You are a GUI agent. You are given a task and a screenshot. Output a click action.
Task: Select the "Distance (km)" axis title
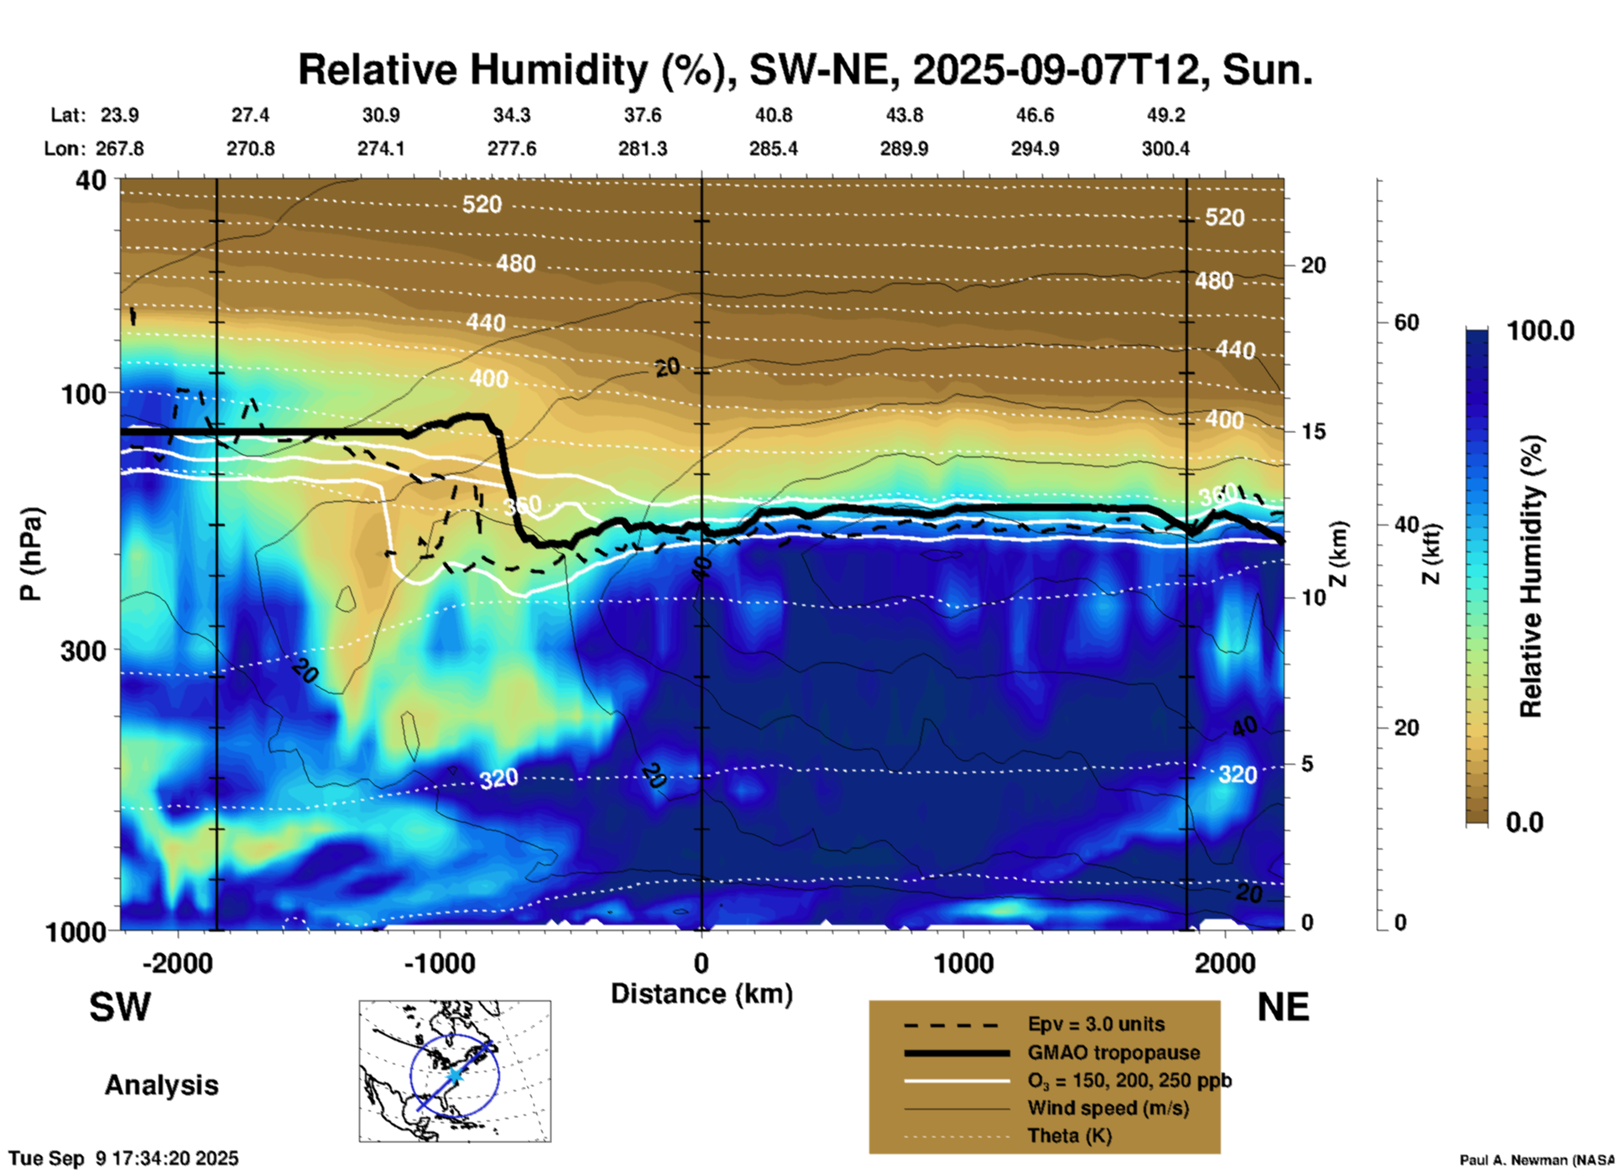click(x=701, y=994)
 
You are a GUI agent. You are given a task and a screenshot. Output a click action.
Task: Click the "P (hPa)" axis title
click(x=30, y=553)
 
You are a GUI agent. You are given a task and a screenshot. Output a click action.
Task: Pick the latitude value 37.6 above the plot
click(x=642, y=115)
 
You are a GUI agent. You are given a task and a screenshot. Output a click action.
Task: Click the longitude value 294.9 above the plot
click(x=1035, y=149)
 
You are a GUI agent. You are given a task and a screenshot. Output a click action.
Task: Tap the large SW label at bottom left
click(x=120, y=1007)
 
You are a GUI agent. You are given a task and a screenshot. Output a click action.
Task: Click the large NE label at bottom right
click(x=1283, y=1007)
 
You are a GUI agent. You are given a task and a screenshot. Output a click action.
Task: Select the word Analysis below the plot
click(x=161, y=1085)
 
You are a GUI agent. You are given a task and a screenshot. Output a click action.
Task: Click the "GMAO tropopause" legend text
click(x=1113, y=1052)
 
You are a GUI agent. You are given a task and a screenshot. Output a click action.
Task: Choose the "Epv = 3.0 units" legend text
click(x=1096, y=1024)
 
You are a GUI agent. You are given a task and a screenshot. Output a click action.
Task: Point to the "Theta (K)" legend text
click(x=1069, y=1136)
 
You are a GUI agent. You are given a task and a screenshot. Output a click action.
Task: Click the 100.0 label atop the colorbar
click(x=1540, y=331)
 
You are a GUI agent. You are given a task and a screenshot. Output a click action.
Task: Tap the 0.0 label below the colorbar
click(x=1525, y=823)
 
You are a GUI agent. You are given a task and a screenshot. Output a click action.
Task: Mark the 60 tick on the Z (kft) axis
click(x=1405, y=322)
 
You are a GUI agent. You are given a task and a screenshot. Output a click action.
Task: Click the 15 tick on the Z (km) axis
click(x=1313, y=431)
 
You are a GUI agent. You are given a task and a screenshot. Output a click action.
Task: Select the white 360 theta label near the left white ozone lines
click(x=522, y=506)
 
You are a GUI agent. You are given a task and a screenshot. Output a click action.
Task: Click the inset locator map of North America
click(x=455, y=1070)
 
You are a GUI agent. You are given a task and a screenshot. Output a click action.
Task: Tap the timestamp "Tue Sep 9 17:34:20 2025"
click(x=124, y=1158)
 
